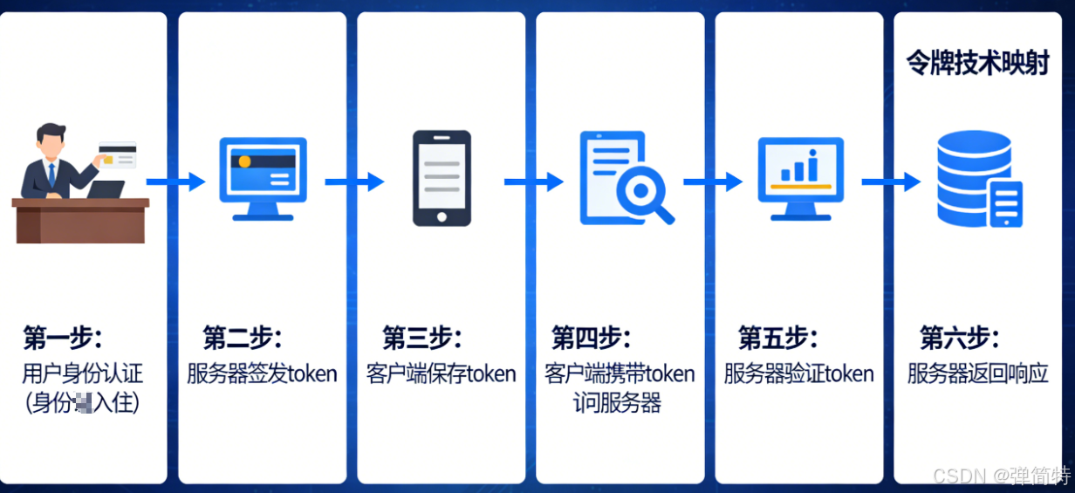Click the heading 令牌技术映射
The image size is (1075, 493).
(x=977, y=64)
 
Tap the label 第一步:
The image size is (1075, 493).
(x=63, y=338)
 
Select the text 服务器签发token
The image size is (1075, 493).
(x=262, y=374)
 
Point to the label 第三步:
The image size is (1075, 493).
(x=421, y=338)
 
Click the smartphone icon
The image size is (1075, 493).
(x=442, y=179)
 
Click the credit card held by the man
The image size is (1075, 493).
(x=117, y=154)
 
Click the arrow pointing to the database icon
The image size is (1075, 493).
(x=891, y=181)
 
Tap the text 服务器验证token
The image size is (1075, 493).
(x=798, y=374)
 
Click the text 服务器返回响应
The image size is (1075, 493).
(x=977, y=374)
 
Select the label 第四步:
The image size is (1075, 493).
(x=591, y=338)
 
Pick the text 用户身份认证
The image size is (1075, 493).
(x=82, y=374)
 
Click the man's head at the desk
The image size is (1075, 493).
(x=51, y=139)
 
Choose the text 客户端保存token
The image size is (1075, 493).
(x=441, y=374)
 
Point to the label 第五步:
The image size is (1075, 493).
(x=777, y=338)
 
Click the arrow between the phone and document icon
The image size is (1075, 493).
(x=533, y=181)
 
